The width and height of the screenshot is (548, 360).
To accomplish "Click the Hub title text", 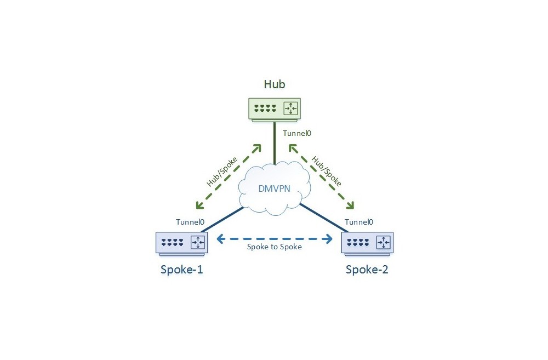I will [x=275, y=84].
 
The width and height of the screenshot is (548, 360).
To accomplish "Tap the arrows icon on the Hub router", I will [x=290, y=108].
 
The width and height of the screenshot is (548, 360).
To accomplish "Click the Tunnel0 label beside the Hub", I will [x=298, y=133].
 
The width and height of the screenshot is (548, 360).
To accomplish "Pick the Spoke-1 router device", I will [x=182, y=243].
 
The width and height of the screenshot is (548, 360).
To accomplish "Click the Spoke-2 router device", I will [x=367, y=243].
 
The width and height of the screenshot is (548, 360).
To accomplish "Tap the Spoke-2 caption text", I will [x=367, y=270].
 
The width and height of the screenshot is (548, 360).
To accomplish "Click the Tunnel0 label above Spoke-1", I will [x=190, y=222].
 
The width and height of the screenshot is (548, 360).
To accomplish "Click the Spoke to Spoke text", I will [x=275, y=247].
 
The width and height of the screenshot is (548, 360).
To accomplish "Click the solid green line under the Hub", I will [x=275, y=144].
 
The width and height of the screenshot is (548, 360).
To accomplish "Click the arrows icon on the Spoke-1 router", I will [x=198, y=242].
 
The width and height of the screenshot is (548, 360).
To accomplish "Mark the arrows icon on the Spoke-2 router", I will [x=383, y=242].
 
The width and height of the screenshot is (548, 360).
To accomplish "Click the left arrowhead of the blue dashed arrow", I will [x=219, y=238].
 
